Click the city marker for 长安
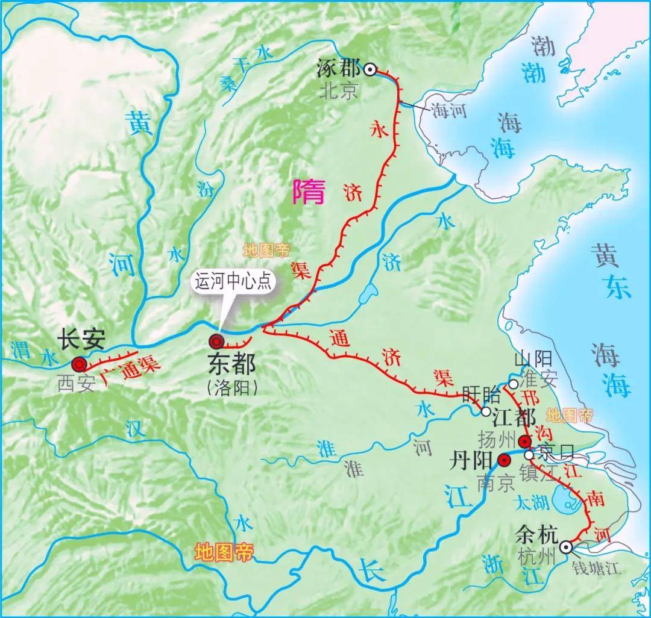[x=79, y=364]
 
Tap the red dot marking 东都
[x=216, y=342]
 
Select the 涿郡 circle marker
[x=370, y=69]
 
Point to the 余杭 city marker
[x=565, y=546]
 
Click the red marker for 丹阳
[x=504, y=461]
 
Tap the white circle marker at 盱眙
[x=486, y=412]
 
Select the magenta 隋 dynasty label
[x=309, y=193]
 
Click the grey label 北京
[x=339, y=91]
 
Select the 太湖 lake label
[x=529, y=501]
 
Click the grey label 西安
[x=77, y=384]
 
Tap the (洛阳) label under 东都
[x=232, y=388]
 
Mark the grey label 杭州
[x=536, y=557]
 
